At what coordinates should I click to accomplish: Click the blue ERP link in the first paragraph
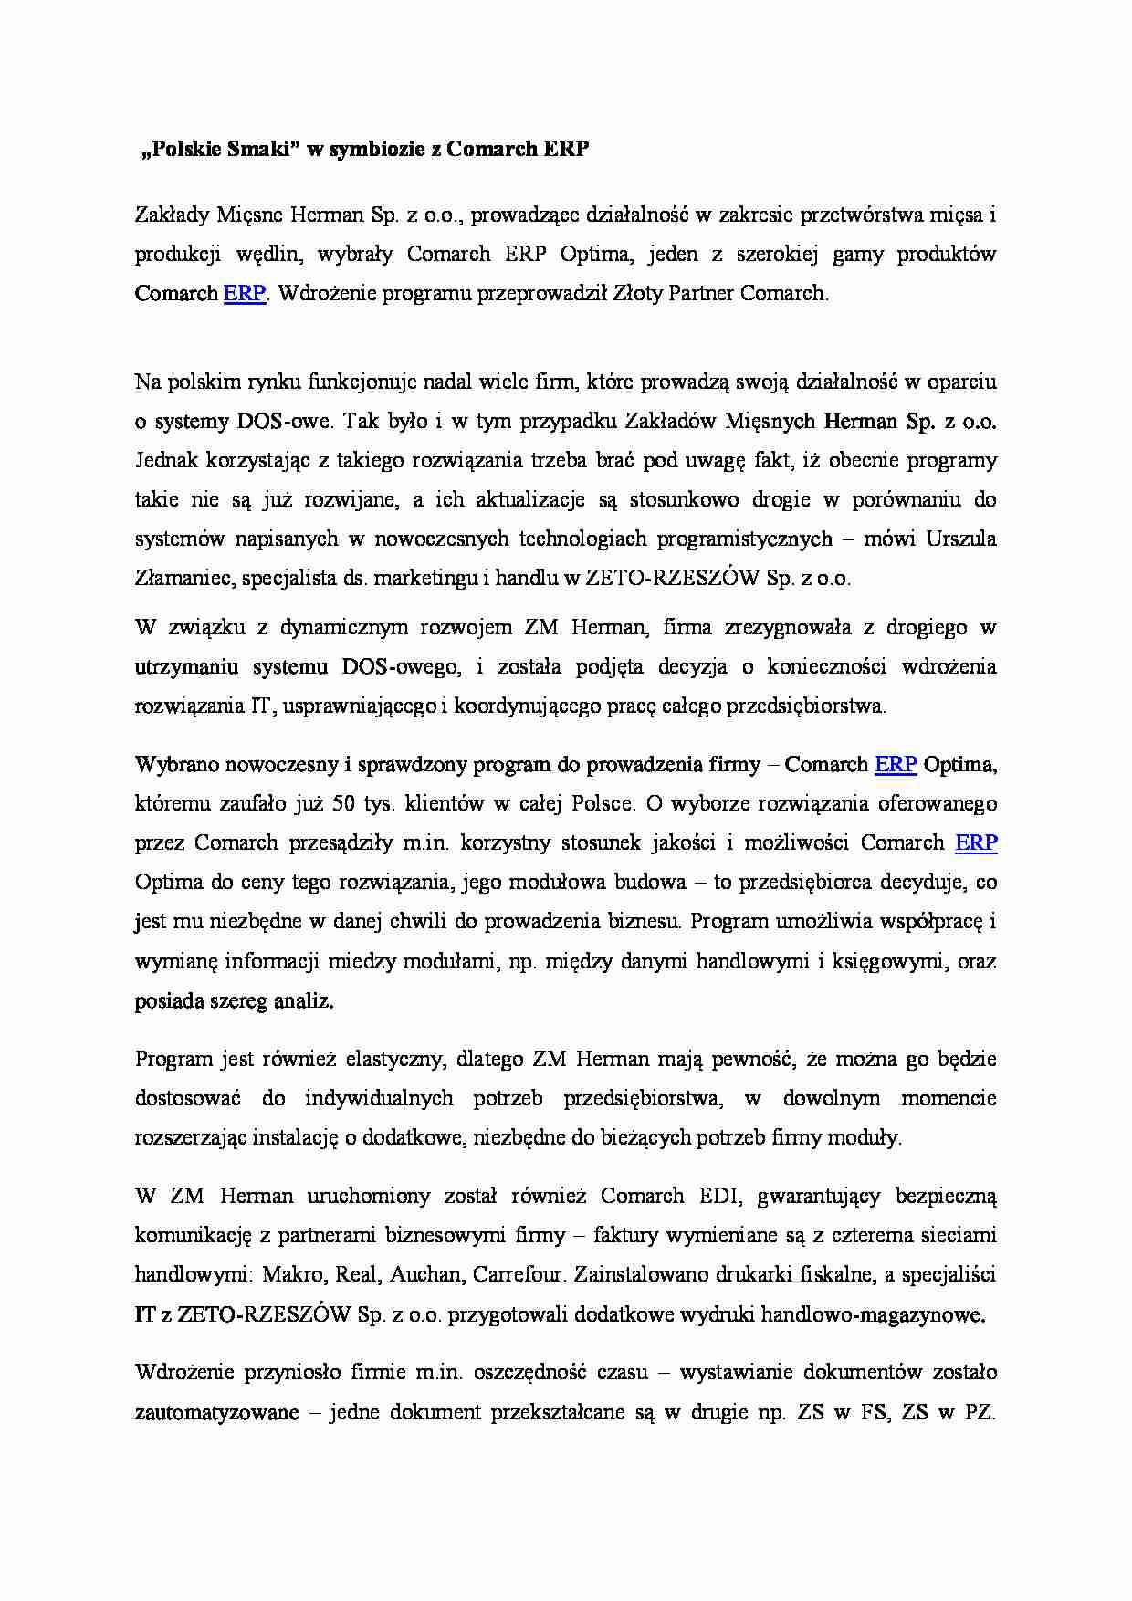(x=244, y=294)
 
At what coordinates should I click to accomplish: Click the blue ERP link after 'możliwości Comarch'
(x=976, y=843)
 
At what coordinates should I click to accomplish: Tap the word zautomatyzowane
(x=217, y=1413)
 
